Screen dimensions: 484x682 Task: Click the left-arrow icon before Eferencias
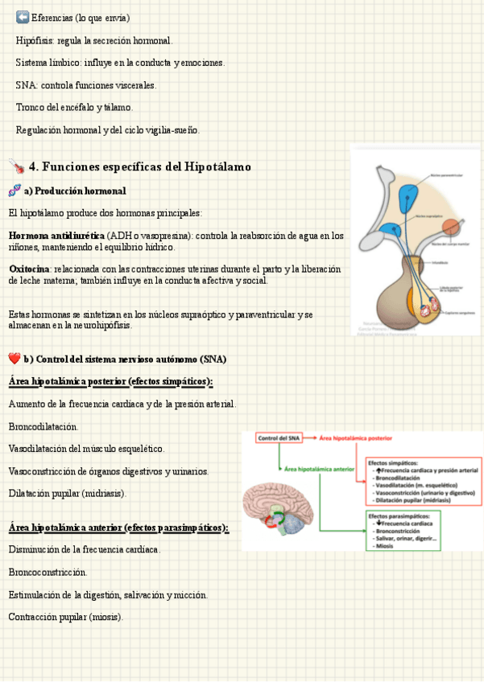(22, 17)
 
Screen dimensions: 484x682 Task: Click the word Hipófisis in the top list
(33, 40)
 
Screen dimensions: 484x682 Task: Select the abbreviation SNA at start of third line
(26, 84)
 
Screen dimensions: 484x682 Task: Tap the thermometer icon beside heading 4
(16, 166)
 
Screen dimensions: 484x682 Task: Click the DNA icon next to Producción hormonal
(14, 191)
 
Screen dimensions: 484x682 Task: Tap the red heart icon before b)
(14, 358)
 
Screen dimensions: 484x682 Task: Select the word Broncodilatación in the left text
(43, 426)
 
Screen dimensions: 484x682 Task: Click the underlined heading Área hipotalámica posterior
(110, 380)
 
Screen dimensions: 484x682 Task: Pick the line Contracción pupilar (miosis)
(66, 617)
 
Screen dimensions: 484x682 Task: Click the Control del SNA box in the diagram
(279, 438)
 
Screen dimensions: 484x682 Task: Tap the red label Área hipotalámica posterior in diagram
(355, 438)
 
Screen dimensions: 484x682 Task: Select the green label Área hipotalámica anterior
(320, 467)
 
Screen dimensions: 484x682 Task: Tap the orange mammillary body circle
(452, 228)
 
